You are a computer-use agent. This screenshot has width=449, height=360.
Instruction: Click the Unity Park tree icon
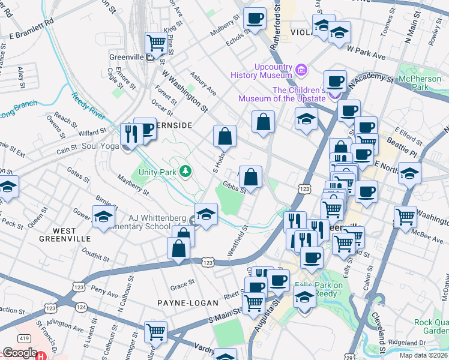[x=186, y=172]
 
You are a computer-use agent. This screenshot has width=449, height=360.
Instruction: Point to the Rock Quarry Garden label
[x=431, y=326]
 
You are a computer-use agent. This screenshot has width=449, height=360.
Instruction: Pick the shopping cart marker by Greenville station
[x=156, y=43]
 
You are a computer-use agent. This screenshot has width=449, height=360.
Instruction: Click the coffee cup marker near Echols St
[x=255, y=19]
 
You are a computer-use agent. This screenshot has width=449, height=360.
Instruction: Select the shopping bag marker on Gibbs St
[x=251, y=177]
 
